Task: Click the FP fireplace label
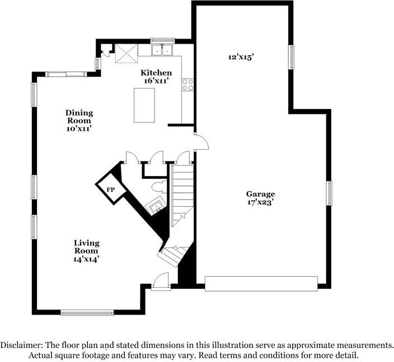[111, 189]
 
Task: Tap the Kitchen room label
[156, 73]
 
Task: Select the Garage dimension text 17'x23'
[260, 202]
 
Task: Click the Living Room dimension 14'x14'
[87, 259]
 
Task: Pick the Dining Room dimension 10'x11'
[79, 128]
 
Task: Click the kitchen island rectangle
[144, 106]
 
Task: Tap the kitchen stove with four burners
[187, 85]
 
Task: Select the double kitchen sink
[162, 50]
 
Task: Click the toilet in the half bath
[159, 187]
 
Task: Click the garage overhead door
[261, 284]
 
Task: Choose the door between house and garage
[202, 142]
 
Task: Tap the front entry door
[161, 282]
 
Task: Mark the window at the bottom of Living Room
[87, 313]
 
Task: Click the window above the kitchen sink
[162, 41]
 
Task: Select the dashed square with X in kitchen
[126, 54]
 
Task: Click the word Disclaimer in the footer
[21, 345]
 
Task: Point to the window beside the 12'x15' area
[291, 57]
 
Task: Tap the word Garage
[260, 194]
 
